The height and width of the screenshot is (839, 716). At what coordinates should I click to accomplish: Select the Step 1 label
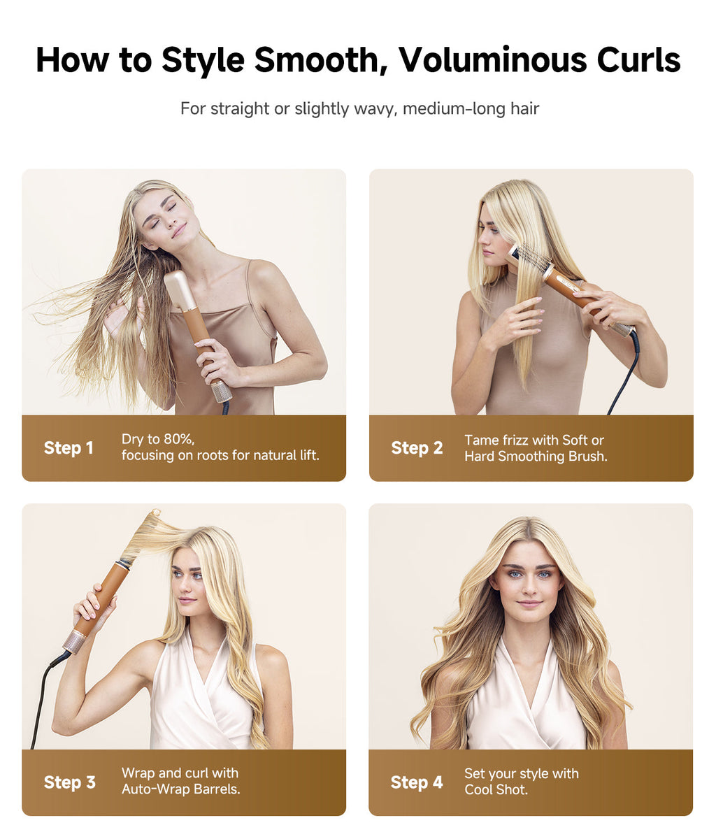point(69,448)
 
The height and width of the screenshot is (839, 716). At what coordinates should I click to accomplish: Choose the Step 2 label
point(417,448)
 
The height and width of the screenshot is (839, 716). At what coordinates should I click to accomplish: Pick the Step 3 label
point(69,782)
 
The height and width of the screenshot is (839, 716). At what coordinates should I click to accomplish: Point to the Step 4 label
point(417,782)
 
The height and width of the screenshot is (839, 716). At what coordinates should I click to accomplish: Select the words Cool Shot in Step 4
point(496,790)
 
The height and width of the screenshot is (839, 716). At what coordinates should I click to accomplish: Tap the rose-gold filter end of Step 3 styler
point(74,640)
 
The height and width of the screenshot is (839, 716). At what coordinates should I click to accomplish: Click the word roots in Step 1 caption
point(211,456)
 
